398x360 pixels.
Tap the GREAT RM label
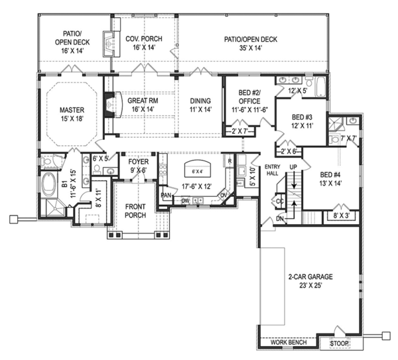click(x=141, y=101)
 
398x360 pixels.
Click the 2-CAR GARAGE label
click(x=310, y=276)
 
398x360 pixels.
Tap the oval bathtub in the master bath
click(x=48, y=184)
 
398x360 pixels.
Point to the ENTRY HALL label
click(x=273, y=170)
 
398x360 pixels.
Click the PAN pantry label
click(x=165, y=195)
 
